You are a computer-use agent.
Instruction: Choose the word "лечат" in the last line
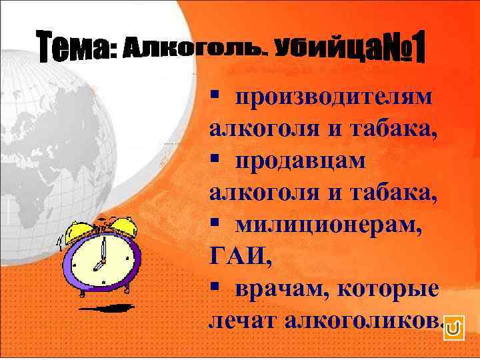pyautogui.click(x=243, y=322)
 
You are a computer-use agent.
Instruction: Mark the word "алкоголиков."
pyautogui.click(x=363, y=322)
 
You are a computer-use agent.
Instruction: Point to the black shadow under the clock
pyautogui.click(x=110, y=309)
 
